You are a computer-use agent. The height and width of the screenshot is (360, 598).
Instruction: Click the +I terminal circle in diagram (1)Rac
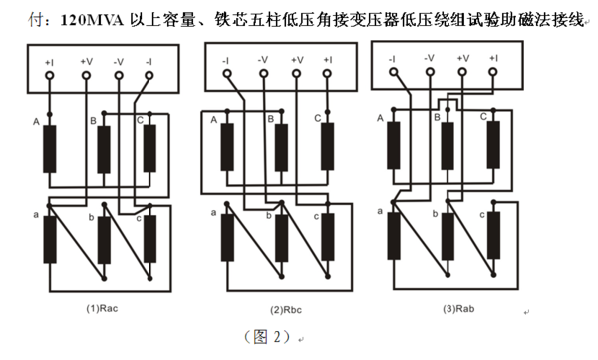coord(49,75)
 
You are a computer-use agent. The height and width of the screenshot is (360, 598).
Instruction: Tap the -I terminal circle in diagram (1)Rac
coord(149,75)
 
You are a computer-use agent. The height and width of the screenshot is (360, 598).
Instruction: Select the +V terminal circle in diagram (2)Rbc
coord(296,74)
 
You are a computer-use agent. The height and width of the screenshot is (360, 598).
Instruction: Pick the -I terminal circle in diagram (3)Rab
coord(394,72)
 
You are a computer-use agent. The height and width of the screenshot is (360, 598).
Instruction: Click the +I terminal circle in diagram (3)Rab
coord(493,72)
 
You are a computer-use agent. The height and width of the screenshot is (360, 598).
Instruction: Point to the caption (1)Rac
coord(102,308)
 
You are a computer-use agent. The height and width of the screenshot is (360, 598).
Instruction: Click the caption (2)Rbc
coord(286,310)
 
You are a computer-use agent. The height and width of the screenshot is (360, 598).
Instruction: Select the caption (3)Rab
coord(458,309)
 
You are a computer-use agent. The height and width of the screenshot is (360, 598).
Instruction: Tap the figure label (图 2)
coord(268,337)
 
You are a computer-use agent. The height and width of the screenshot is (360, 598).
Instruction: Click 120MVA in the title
coord(92,20)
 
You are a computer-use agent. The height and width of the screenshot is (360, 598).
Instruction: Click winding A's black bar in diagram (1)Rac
coord(50,149)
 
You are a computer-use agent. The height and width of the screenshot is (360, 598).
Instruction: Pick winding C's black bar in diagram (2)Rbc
coord(327,147)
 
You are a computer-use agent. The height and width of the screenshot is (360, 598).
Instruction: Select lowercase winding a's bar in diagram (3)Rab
coord(394,236)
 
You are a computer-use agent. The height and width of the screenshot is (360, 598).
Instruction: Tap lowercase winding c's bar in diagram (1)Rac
coord(149,239)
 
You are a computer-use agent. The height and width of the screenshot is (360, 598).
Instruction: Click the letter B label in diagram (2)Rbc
coord(271,119)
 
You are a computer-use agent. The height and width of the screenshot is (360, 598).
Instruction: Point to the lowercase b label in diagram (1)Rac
coord(91,218)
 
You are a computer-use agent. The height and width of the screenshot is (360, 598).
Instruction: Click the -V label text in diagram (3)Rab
coord(429,58)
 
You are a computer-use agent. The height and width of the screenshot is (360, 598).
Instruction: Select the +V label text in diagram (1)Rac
coord(86,62)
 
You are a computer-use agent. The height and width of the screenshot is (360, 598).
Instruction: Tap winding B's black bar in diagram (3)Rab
coord(448,146)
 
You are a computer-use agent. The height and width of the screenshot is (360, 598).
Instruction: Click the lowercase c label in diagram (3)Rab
coord(482,215)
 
